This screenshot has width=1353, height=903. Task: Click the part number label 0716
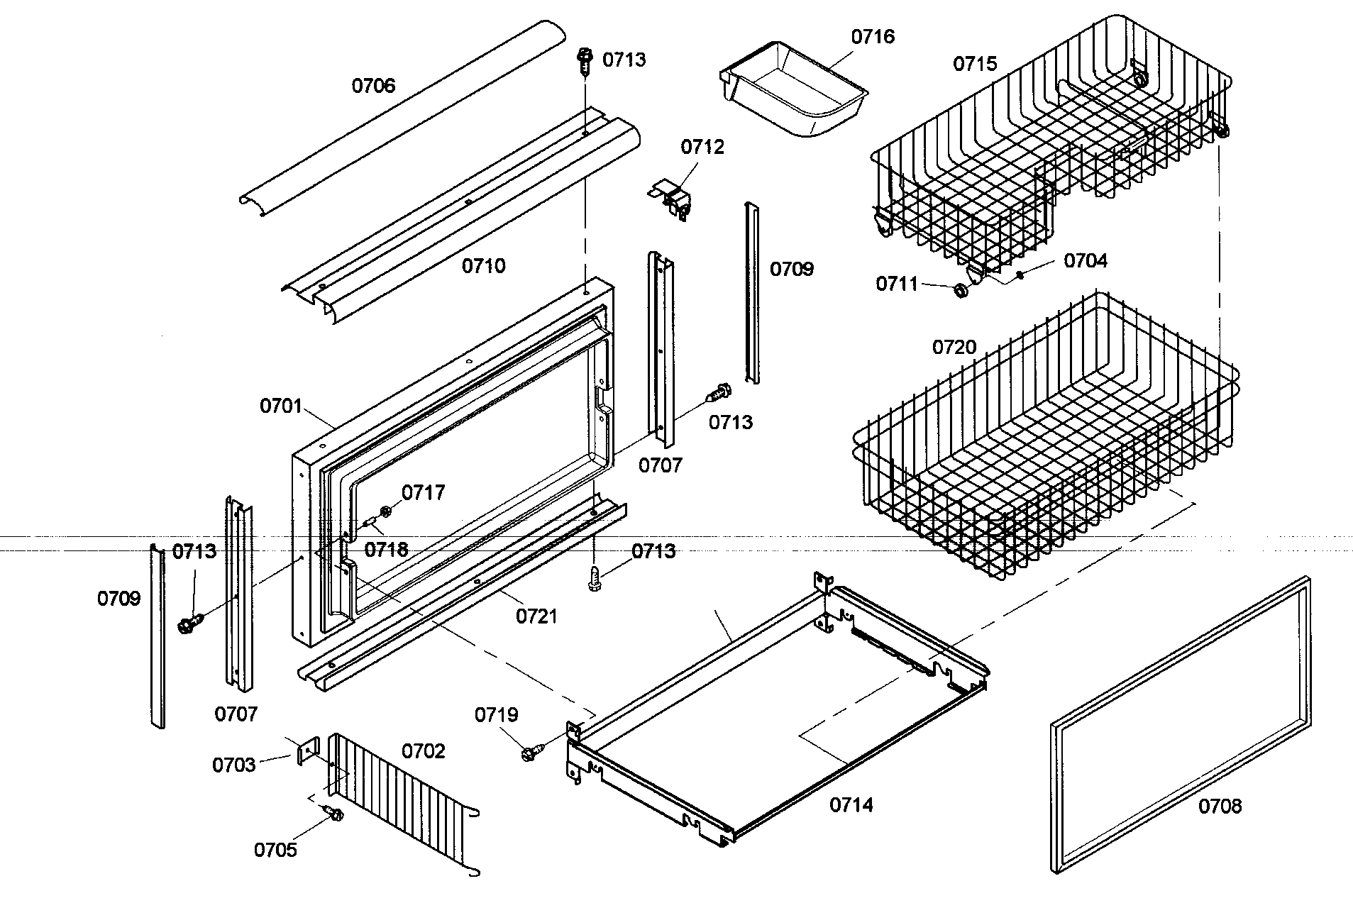873,37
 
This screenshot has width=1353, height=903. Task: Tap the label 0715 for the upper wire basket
975,64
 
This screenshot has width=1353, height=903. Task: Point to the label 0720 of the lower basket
954,348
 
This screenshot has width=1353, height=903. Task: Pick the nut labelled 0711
960,291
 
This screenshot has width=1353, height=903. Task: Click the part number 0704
1085,261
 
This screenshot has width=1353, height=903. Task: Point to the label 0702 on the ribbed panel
423,751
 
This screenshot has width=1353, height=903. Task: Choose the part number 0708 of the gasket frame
1220,807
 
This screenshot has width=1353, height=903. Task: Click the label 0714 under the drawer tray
851,805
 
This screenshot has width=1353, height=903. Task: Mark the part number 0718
387,549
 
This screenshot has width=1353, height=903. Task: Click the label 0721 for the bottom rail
536,616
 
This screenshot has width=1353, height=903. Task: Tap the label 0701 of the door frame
281,406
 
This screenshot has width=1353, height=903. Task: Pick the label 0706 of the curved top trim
373,86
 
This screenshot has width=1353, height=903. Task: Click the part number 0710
484,266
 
